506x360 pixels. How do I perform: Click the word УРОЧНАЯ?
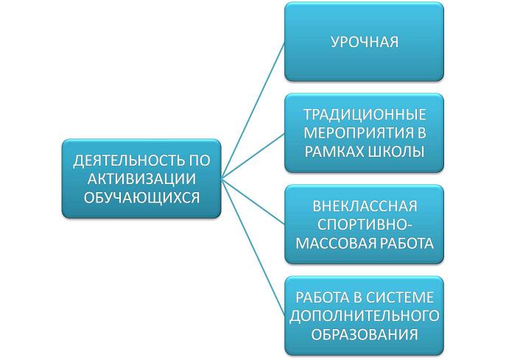tap(365, 42)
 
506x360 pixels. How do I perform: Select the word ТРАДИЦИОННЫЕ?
tap(365, 115)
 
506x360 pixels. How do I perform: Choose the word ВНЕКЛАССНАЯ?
tap(365, 206)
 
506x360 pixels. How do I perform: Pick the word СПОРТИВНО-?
tap(365, 225)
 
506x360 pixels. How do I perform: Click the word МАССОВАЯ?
tap(335, 243)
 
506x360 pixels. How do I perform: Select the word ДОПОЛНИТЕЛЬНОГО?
tap(365, 316)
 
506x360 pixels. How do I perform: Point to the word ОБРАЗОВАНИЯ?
tap(365, 334)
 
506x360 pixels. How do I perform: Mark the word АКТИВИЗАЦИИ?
tap(141, 179)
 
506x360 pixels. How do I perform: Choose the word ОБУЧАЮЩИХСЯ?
tap(141, 197)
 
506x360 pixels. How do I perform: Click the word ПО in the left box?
tap(199, 160)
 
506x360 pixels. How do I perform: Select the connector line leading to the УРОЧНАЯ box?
tap(253, 110)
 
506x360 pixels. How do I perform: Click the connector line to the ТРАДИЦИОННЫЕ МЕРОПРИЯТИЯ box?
tap(253, 155)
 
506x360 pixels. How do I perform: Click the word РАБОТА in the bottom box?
tap(323, 297)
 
